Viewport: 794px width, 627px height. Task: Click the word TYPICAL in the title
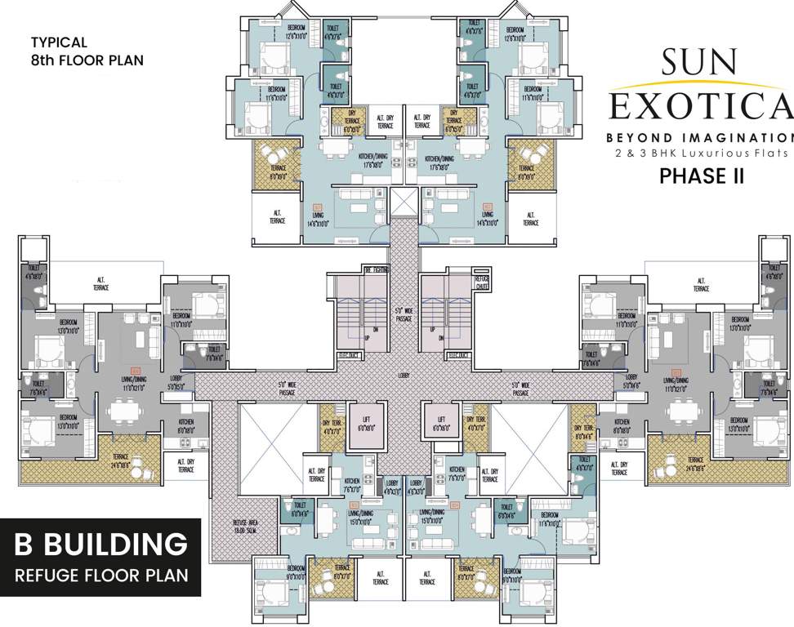tap(59, 41)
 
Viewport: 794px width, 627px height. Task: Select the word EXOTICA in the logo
tap(701, 106)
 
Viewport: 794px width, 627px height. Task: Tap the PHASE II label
tap(701, 176)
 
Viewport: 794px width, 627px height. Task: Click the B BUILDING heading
tap(100, 544)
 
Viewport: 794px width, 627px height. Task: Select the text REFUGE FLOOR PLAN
tap(100, 575)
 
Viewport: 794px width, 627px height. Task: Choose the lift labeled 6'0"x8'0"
tap(365, 427)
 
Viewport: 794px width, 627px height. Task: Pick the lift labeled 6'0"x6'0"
tap(440, 416)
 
